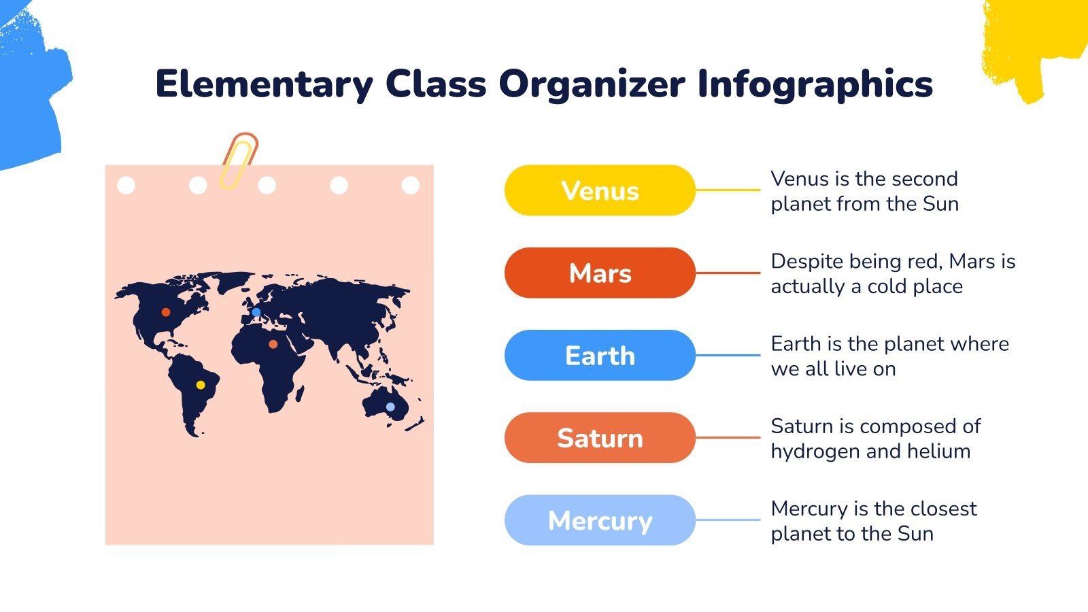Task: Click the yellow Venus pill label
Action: pos(600,190)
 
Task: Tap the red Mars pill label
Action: pos(600,273)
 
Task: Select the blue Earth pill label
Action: pos(600,356)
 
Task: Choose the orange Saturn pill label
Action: pos(600,438)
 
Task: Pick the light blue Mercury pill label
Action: pos(600,520)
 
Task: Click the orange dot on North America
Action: pos(166,312)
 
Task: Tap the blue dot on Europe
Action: pos(256,312)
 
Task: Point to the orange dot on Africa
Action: pos(273,344)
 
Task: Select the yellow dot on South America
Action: pos(201,385)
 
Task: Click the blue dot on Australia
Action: pos(390,407)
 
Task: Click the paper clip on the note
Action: pos(238,161)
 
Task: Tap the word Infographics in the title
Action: pos(815,84)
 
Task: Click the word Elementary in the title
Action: pos(264,84)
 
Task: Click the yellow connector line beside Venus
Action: pos(727,190)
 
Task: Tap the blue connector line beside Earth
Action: pos(727,356)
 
